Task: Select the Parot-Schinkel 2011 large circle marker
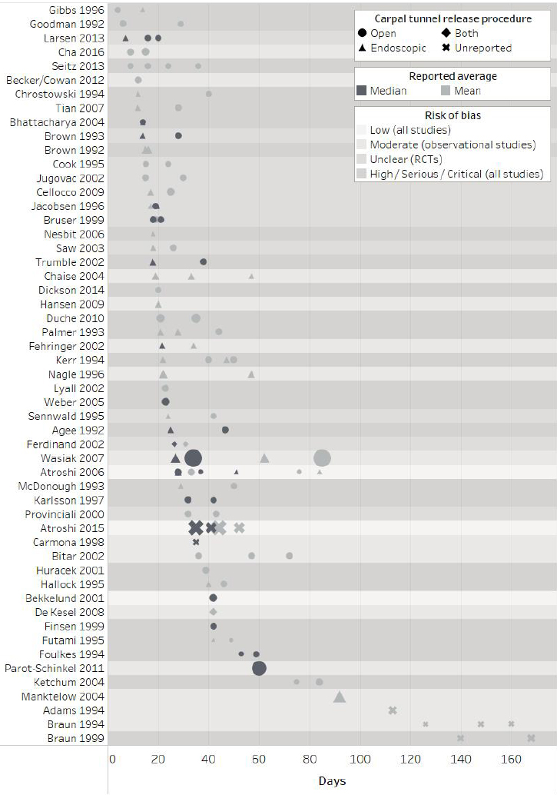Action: [x=259, y=668]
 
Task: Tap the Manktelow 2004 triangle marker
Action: [x=340, y=697]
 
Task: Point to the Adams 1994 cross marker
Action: [x=393, y=710]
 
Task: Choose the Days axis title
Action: [x=332, y=781]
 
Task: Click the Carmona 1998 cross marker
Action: [x=196, y=542]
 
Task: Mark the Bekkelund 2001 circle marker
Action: [x=214, y=598]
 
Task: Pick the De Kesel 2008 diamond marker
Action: [x=214, y=612]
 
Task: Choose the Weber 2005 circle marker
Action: [x=165, y=402]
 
